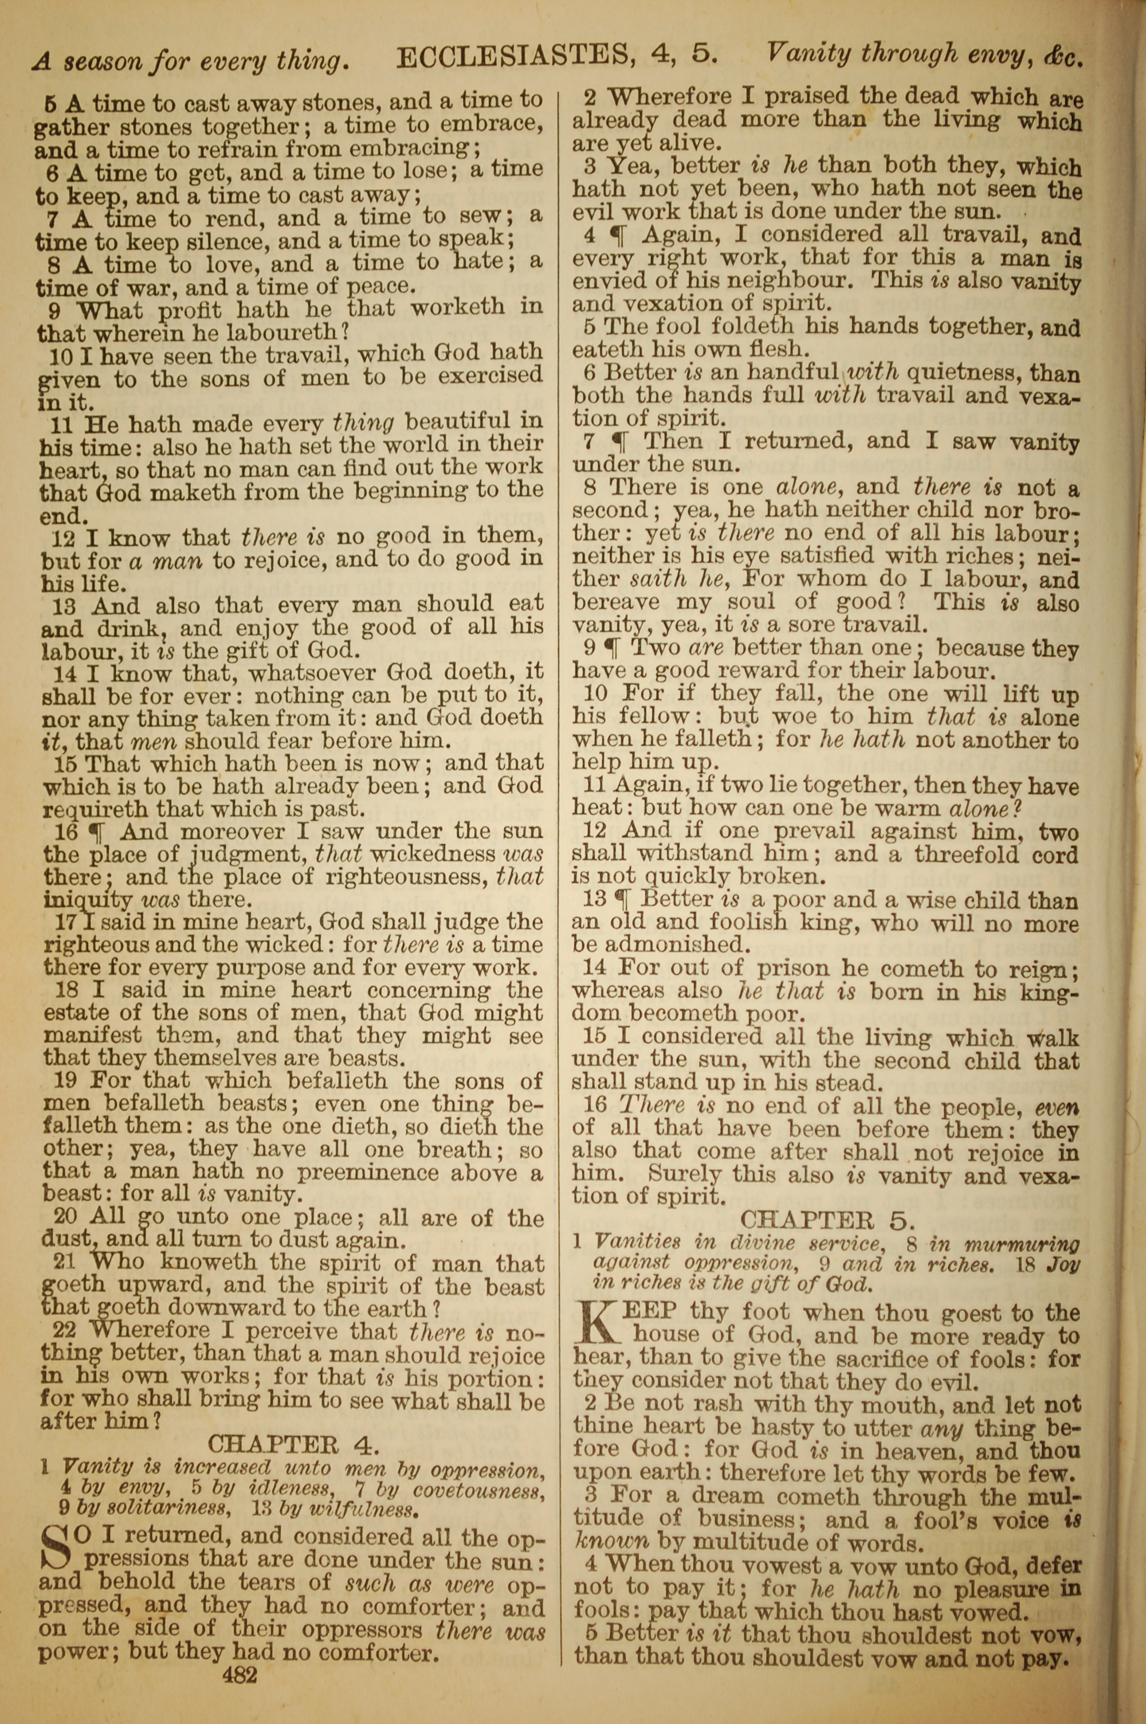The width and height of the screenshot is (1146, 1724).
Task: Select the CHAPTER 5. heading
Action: click(x=827, y=1220)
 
